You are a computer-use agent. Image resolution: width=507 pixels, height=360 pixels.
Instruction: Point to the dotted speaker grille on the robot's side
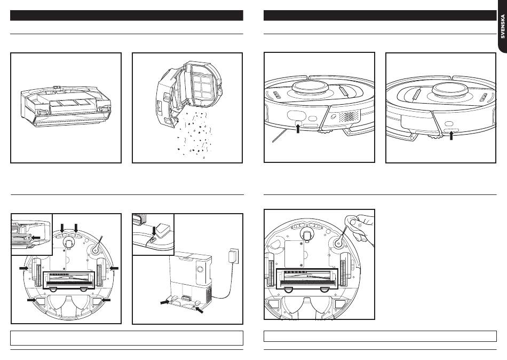(x=350, y=116)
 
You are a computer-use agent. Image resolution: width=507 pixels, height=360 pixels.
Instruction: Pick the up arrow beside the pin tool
(x=298, y=129)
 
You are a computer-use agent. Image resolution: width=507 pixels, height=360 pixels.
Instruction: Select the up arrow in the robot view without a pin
(x=451, y=134)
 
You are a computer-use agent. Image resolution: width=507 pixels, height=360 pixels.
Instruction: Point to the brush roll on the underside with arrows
(x=68, y=278)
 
